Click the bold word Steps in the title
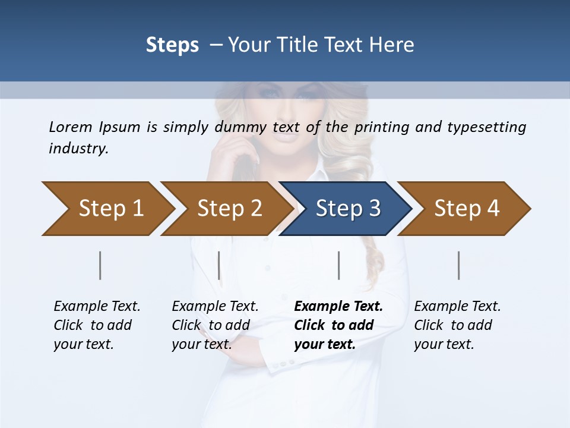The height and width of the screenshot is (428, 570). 172,45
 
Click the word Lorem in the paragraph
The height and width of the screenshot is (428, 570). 70,127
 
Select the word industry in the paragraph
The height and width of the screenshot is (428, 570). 78,149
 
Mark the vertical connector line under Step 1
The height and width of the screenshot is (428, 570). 100,265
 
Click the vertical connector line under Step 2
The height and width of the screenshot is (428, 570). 219,265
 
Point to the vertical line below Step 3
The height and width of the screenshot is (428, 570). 339,265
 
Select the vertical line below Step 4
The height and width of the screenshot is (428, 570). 459,265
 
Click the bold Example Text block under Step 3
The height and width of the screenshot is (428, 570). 338,325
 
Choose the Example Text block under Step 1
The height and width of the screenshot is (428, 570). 97,325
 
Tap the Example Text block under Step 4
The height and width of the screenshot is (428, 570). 457,325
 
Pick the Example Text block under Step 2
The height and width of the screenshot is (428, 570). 215,325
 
